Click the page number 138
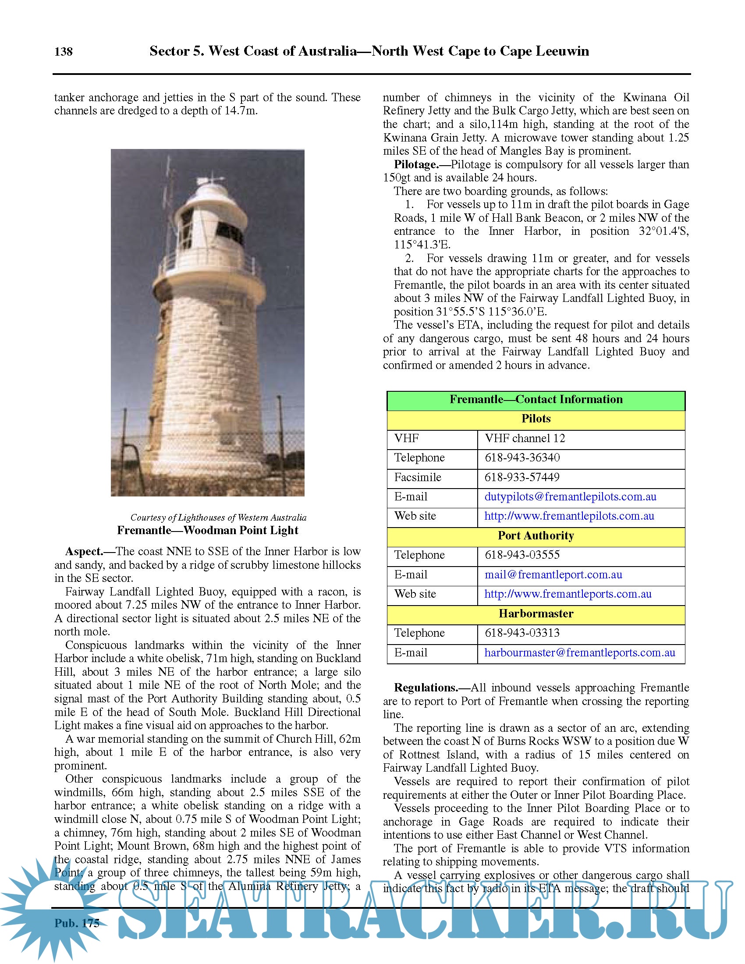point(63,52)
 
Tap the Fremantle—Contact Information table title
point(536,400)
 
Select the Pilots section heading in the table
point(536,419)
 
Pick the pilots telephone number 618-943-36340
point(521,458)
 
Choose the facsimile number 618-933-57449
point(521,477)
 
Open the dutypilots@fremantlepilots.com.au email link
point(570,497)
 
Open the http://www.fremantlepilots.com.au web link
point(569,516)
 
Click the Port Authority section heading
point(536,536)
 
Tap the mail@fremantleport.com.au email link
point(553,575)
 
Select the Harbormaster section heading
point(536,614)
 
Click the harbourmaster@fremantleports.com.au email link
point(579,653)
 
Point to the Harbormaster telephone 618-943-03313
point(521,633)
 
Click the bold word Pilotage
point(416,165)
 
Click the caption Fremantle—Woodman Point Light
point(207,531)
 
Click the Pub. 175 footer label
point(77,923)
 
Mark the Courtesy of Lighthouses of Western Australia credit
point(218,518)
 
